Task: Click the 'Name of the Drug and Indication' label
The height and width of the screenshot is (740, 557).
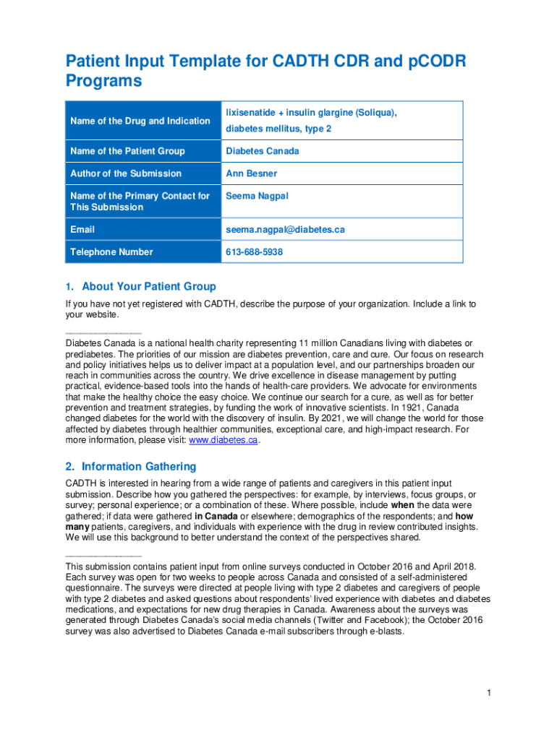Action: coord(140,121)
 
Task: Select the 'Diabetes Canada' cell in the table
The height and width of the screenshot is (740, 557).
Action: coord(262,151)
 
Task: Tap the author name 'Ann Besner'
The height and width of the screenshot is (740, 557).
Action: coord(251,173)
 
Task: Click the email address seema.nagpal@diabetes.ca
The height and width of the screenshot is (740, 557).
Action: coord(285,230)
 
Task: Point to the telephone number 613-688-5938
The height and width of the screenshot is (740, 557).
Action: coord(254,252)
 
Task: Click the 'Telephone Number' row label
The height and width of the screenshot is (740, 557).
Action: coord(111,252)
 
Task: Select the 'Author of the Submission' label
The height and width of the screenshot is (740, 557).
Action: coord(126,173)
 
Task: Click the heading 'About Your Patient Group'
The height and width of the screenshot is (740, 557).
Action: coord(148,287)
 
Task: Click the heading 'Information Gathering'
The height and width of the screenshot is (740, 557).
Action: coord(138,466)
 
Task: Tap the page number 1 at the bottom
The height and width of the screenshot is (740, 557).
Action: coord(489,693)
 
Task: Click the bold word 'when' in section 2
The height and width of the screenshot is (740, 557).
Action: coord(402,504)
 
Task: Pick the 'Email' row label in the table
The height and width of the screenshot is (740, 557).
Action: coord(82,230)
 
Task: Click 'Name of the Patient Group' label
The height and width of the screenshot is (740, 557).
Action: coord(127,151)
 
